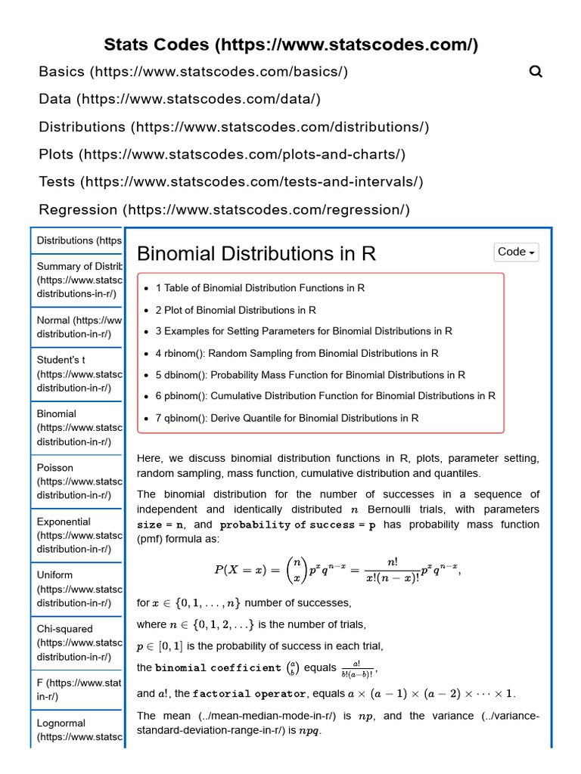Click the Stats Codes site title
290,45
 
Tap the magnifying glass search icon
536,72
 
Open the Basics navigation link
193,72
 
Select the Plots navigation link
222,154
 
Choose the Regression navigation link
224,209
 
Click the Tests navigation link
231,181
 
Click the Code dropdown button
517,252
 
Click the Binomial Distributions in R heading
256,253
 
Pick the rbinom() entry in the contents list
297,353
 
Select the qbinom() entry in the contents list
287,418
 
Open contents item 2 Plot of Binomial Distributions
235,310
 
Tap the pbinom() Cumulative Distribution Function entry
325,396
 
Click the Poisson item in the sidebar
76,481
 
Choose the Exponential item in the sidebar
76,535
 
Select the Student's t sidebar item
76,374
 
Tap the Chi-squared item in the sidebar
76,642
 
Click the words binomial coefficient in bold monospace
218,668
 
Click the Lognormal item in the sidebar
76,729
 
